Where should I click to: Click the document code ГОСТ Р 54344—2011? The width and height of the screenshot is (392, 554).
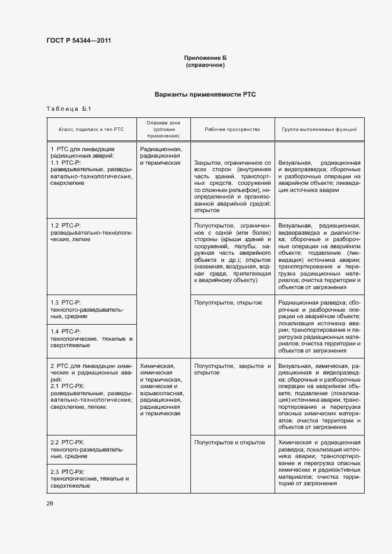pos(78,41)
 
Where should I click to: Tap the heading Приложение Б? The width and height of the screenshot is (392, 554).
pos(205,57)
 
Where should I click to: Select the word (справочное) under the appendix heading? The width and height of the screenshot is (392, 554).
pos(205,65)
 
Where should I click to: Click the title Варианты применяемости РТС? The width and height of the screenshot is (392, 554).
pos(205,94)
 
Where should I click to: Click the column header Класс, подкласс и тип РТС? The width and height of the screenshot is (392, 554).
pos(91,129)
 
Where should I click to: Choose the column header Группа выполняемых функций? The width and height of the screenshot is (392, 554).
pos(319,129)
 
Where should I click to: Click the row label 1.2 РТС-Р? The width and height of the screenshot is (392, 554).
pos(66,225)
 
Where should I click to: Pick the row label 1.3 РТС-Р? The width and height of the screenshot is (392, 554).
pos(66,303)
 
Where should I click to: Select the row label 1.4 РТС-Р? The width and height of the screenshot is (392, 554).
pos(66,331)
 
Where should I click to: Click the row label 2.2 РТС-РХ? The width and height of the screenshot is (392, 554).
pos(68,443)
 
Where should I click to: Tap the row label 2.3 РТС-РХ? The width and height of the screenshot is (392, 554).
pos(68,470)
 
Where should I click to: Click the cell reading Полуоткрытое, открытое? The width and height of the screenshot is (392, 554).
pos(228,303)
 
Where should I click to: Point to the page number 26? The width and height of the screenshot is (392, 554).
pos(50,503)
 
